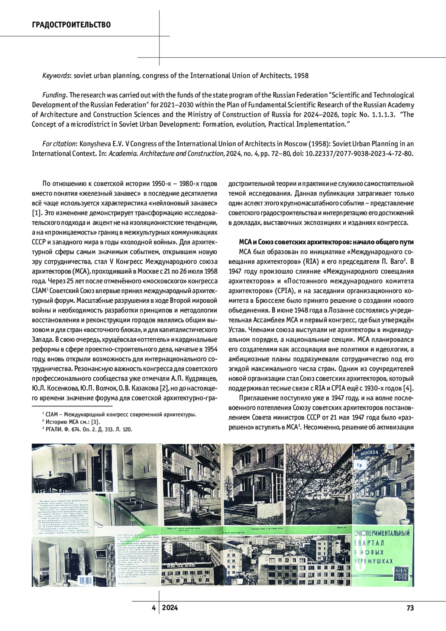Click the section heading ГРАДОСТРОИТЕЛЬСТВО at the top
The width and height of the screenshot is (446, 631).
click(x=71, y=25)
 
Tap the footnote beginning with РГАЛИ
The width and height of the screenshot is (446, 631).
click(x=89, y=429)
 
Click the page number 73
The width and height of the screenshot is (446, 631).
click(x=410, y=608)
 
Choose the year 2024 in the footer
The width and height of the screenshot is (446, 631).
click(x=170, y=608)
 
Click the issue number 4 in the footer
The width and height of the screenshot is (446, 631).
click(x=153, y=608)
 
